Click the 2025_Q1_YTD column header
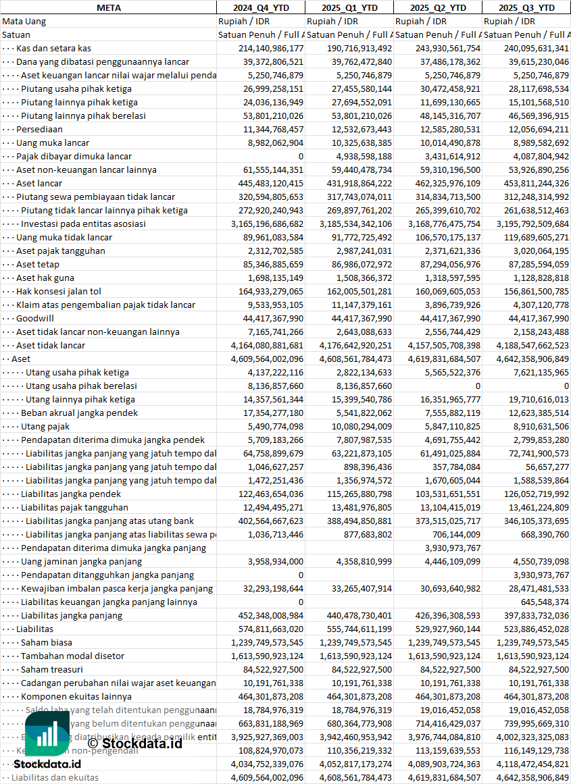coord(349,7)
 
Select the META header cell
coord(108,7)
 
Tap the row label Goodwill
coord(35,318)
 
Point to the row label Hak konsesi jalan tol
coord(59,291)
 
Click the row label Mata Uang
coord(24,21)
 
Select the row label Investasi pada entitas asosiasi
coord(83,224)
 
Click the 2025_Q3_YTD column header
coord(526,7)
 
